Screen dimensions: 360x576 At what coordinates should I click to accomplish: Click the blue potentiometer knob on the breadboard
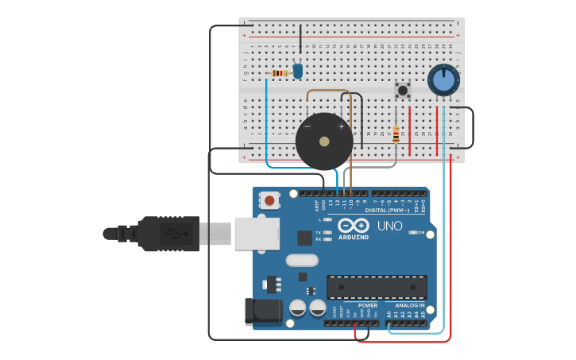point(443,80)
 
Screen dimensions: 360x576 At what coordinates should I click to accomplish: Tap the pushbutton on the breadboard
point(403,90)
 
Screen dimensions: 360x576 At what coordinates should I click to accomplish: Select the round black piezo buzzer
point(324,141)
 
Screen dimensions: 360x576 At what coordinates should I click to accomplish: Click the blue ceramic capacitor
point(298,71)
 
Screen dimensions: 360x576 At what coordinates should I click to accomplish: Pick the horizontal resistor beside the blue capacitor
point(279,73)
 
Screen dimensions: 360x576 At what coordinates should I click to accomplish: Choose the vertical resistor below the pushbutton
point(396,135)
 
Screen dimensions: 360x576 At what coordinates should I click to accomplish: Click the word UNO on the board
point(389,226)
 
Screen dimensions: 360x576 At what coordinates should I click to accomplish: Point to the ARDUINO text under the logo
point(354,237)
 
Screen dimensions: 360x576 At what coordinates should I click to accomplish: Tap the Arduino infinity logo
point(354,225)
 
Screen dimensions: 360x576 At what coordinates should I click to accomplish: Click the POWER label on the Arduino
point(367,305)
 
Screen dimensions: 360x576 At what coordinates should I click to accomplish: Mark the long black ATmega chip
point(377,287)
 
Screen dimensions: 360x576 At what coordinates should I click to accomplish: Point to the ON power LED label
point(420,232)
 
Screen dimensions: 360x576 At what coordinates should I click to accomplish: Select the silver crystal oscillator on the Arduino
point(302,260)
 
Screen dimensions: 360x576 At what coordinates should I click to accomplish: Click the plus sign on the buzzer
point(342,126)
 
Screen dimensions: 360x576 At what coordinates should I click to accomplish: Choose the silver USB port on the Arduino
point(257,233)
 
